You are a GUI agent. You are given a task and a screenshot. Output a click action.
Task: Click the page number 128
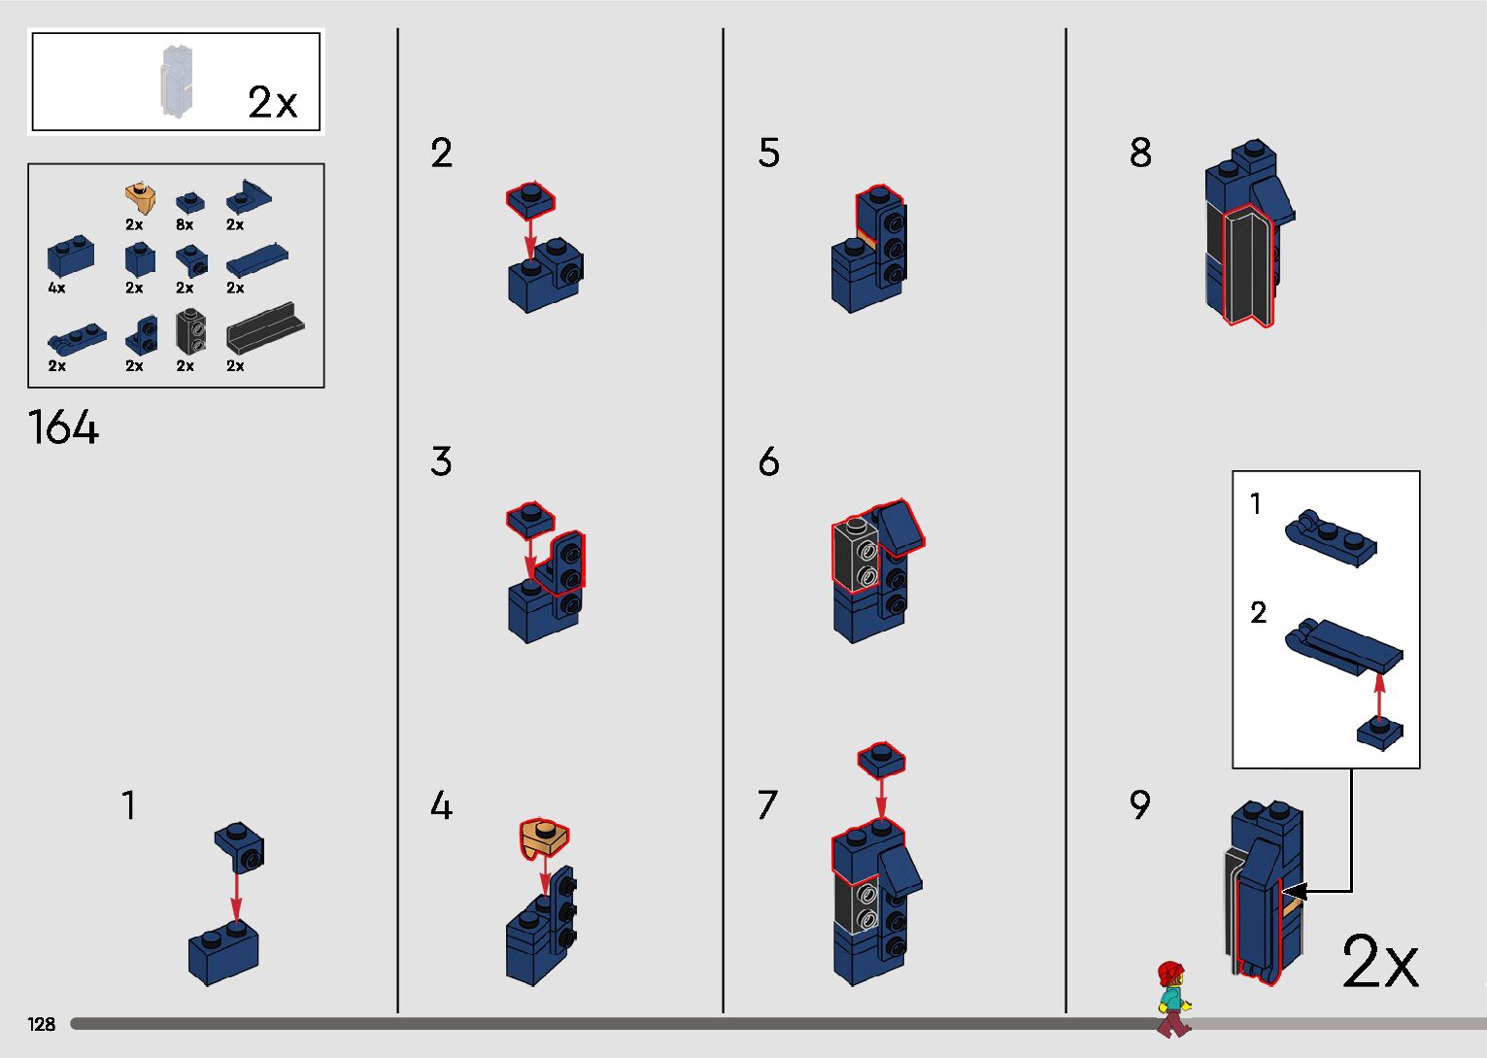pos(41,1024)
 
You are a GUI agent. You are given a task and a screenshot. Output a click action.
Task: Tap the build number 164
pos(63,427)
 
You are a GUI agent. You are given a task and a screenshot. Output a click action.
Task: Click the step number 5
pos(768,153)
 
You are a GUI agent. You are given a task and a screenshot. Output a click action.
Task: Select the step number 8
pos(1140,153)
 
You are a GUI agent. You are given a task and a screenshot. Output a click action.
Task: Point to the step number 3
pos(441,461)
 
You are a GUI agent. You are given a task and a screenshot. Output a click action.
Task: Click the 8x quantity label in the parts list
pos(185,224)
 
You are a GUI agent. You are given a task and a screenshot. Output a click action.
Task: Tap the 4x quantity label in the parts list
pos(56,288)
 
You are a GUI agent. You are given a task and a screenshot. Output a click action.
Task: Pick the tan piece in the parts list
pos(140,198)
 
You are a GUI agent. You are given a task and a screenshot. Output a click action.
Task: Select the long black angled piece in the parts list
pos(265,328)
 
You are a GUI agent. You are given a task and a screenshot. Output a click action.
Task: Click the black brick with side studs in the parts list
pos(190,330)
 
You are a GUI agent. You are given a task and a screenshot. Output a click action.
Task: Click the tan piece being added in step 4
pos(544,838)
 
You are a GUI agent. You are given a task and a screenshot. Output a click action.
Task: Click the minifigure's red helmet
pos(1170,973)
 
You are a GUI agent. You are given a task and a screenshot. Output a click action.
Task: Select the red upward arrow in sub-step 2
pos(1379,697)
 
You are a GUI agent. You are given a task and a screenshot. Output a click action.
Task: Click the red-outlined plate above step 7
pos(881,759)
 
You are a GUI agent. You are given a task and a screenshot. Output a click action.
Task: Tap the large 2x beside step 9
pos(1379,961)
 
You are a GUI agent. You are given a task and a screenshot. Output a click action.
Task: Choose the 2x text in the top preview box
pos(272,102)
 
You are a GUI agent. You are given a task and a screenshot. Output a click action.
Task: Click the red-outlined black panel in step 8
pos(1246,265)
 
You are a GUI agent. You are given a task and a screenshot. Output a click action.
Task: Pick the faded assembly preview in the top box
pos(177,81)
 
